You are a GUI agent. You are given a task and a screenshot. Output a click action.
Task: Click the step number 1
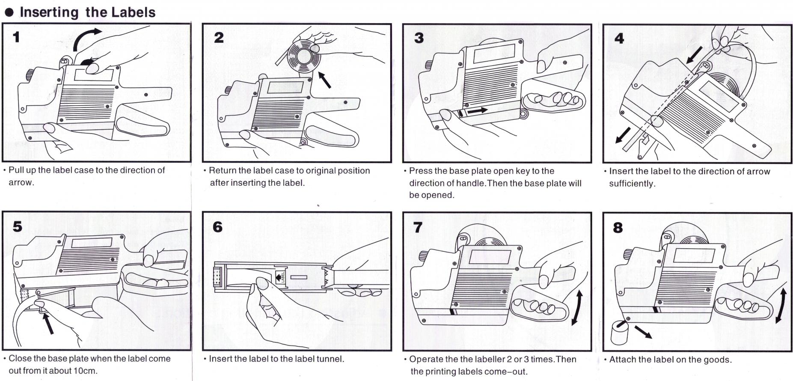(x=16, y=37)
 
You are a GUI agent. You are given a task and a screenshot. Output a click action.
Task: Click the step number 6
(x=217, y=226)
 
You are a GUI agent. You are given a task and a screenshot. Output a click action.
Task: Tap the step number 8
(x=618, y=227)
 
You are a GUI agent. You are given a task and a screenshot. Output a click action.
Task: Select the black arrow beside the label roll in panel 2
(x=325, y=80)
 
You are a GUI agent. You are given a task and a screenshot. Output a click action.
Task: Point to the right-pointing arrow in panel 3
(x=477, y=111)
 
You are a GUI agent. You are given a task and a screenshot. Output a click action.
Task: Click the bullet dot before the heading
(x=9, y=12)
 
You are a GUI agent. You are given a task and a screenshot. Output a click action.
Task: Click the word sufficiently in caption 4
(x=632, y=184)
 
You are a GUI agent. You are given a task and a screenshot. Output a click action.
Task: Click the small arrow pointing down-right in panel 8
(x=643, y=332)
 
